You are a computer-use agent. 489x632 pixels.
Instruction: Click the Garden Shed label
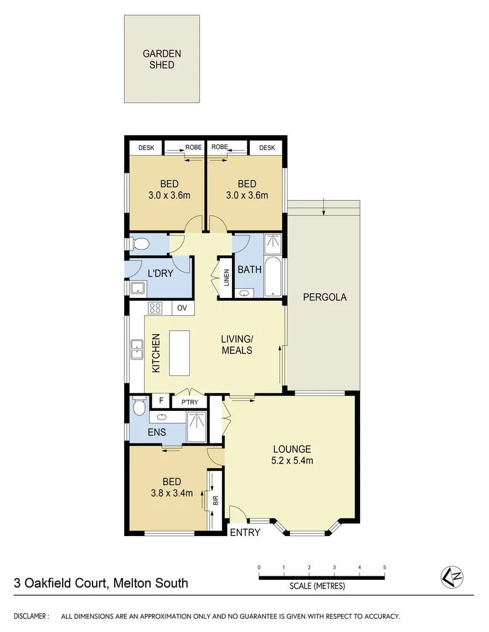(x=162, y=59)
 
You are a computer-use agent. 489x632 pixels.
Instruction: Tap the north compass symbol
(x=452, y=578)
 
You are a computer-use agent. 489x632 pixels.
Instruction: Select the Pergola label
(x=324, y=297)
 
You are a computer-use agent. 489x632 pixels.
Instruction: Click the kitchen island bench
(x=180, y=353)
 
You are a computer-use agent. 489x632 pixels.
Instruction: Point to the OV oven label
(x=182, y=308)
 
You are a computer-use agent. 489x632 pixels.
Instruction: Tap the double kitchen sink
(x=136, y=349)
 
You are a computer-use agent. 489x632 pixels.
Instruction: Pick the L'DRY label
(x=160, y=273)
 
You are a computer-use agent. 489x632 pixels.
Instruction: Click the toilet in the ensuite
(x=138, y=404)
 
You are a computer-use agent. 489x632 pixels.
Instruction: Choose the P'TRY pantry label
(x=189, y=403)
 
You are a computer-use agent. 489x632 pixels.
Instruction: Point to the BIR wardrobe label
(x=215, y=500)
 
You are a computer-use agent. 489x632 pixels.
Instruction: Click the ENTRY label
(x=244, y=533)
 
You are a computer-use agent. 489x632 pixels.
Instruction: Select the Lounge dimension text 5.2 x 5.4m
(x=292, y=461)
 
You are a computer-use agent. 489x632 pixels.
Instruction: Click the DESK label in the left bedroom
(x=146, y=148)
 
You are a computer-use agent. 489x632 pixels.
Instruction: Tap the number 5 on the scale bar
(x=384, y=568)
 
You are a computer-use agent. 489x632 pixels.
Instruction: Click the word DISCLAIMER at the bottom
(x=31, y=616)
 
